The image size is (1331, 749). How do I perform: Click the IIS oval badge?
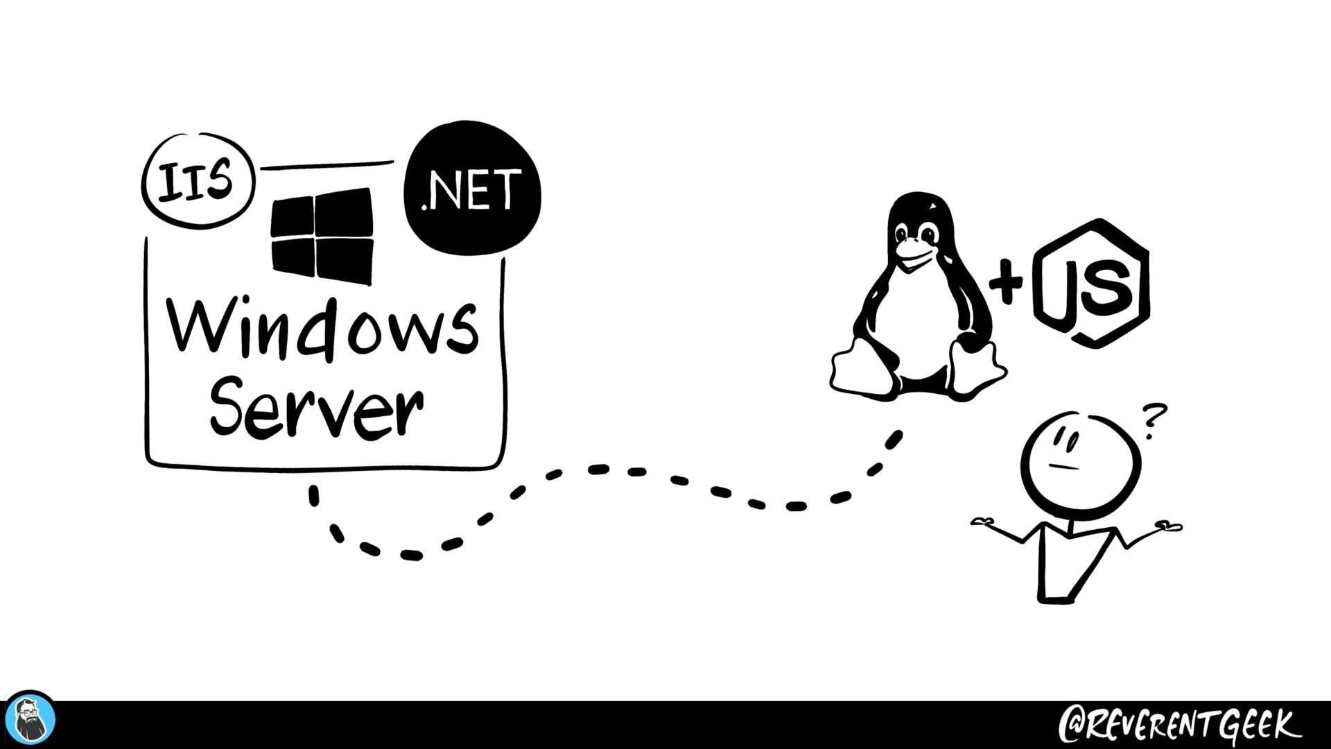[198, 180]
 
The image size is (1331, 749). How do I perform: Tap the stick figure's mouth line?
[1063, 467]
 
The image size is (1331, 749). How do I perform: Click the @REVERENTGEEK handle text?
[1178, 725]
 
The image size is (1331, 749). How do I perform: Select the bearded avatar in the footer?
[31, 721]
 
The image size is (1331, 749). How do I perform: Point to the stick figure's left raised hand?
[984, 522]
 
